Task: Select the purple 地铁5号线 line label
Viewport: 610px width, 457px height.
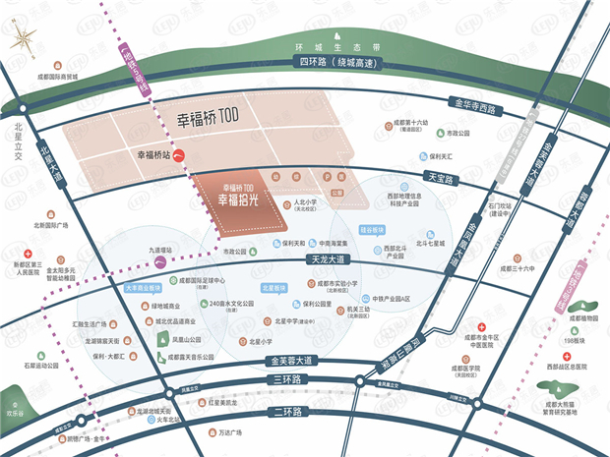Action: (x=134, y=70)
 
